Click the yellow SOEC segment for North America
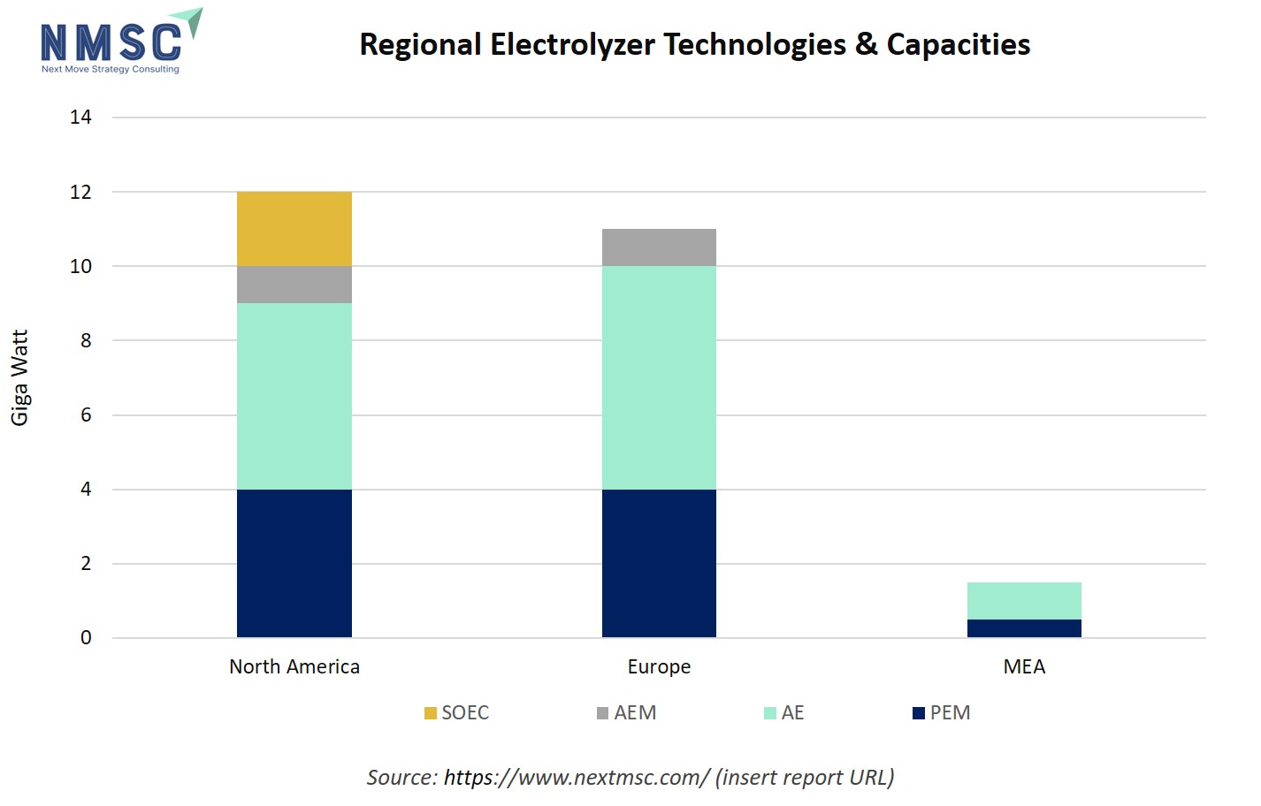(294, 229)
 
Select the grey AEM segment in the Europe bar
(659, 247)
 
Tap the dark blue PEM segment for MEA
(1024, 628)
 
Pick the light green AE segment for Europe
(659, 377)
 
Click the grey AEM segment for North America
(294, 285)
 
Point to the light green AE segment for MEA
(1024, 601)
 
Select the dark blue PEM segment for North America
(294, 563)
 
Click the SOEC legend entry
(456, 713)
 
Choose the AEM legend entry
(626, 713)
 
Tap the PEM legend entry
(941, 713)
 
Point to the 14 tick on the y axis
(80, 118)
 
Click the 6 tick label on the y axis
(86, 415)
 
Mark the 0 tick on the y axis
(86, 638)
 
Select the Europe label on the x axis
(659, 667)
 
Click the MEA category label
(1024, 667)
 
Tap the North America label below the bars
(294, 667)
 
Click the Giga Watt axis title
(19, 377)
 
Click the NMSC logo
(120, 42)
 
